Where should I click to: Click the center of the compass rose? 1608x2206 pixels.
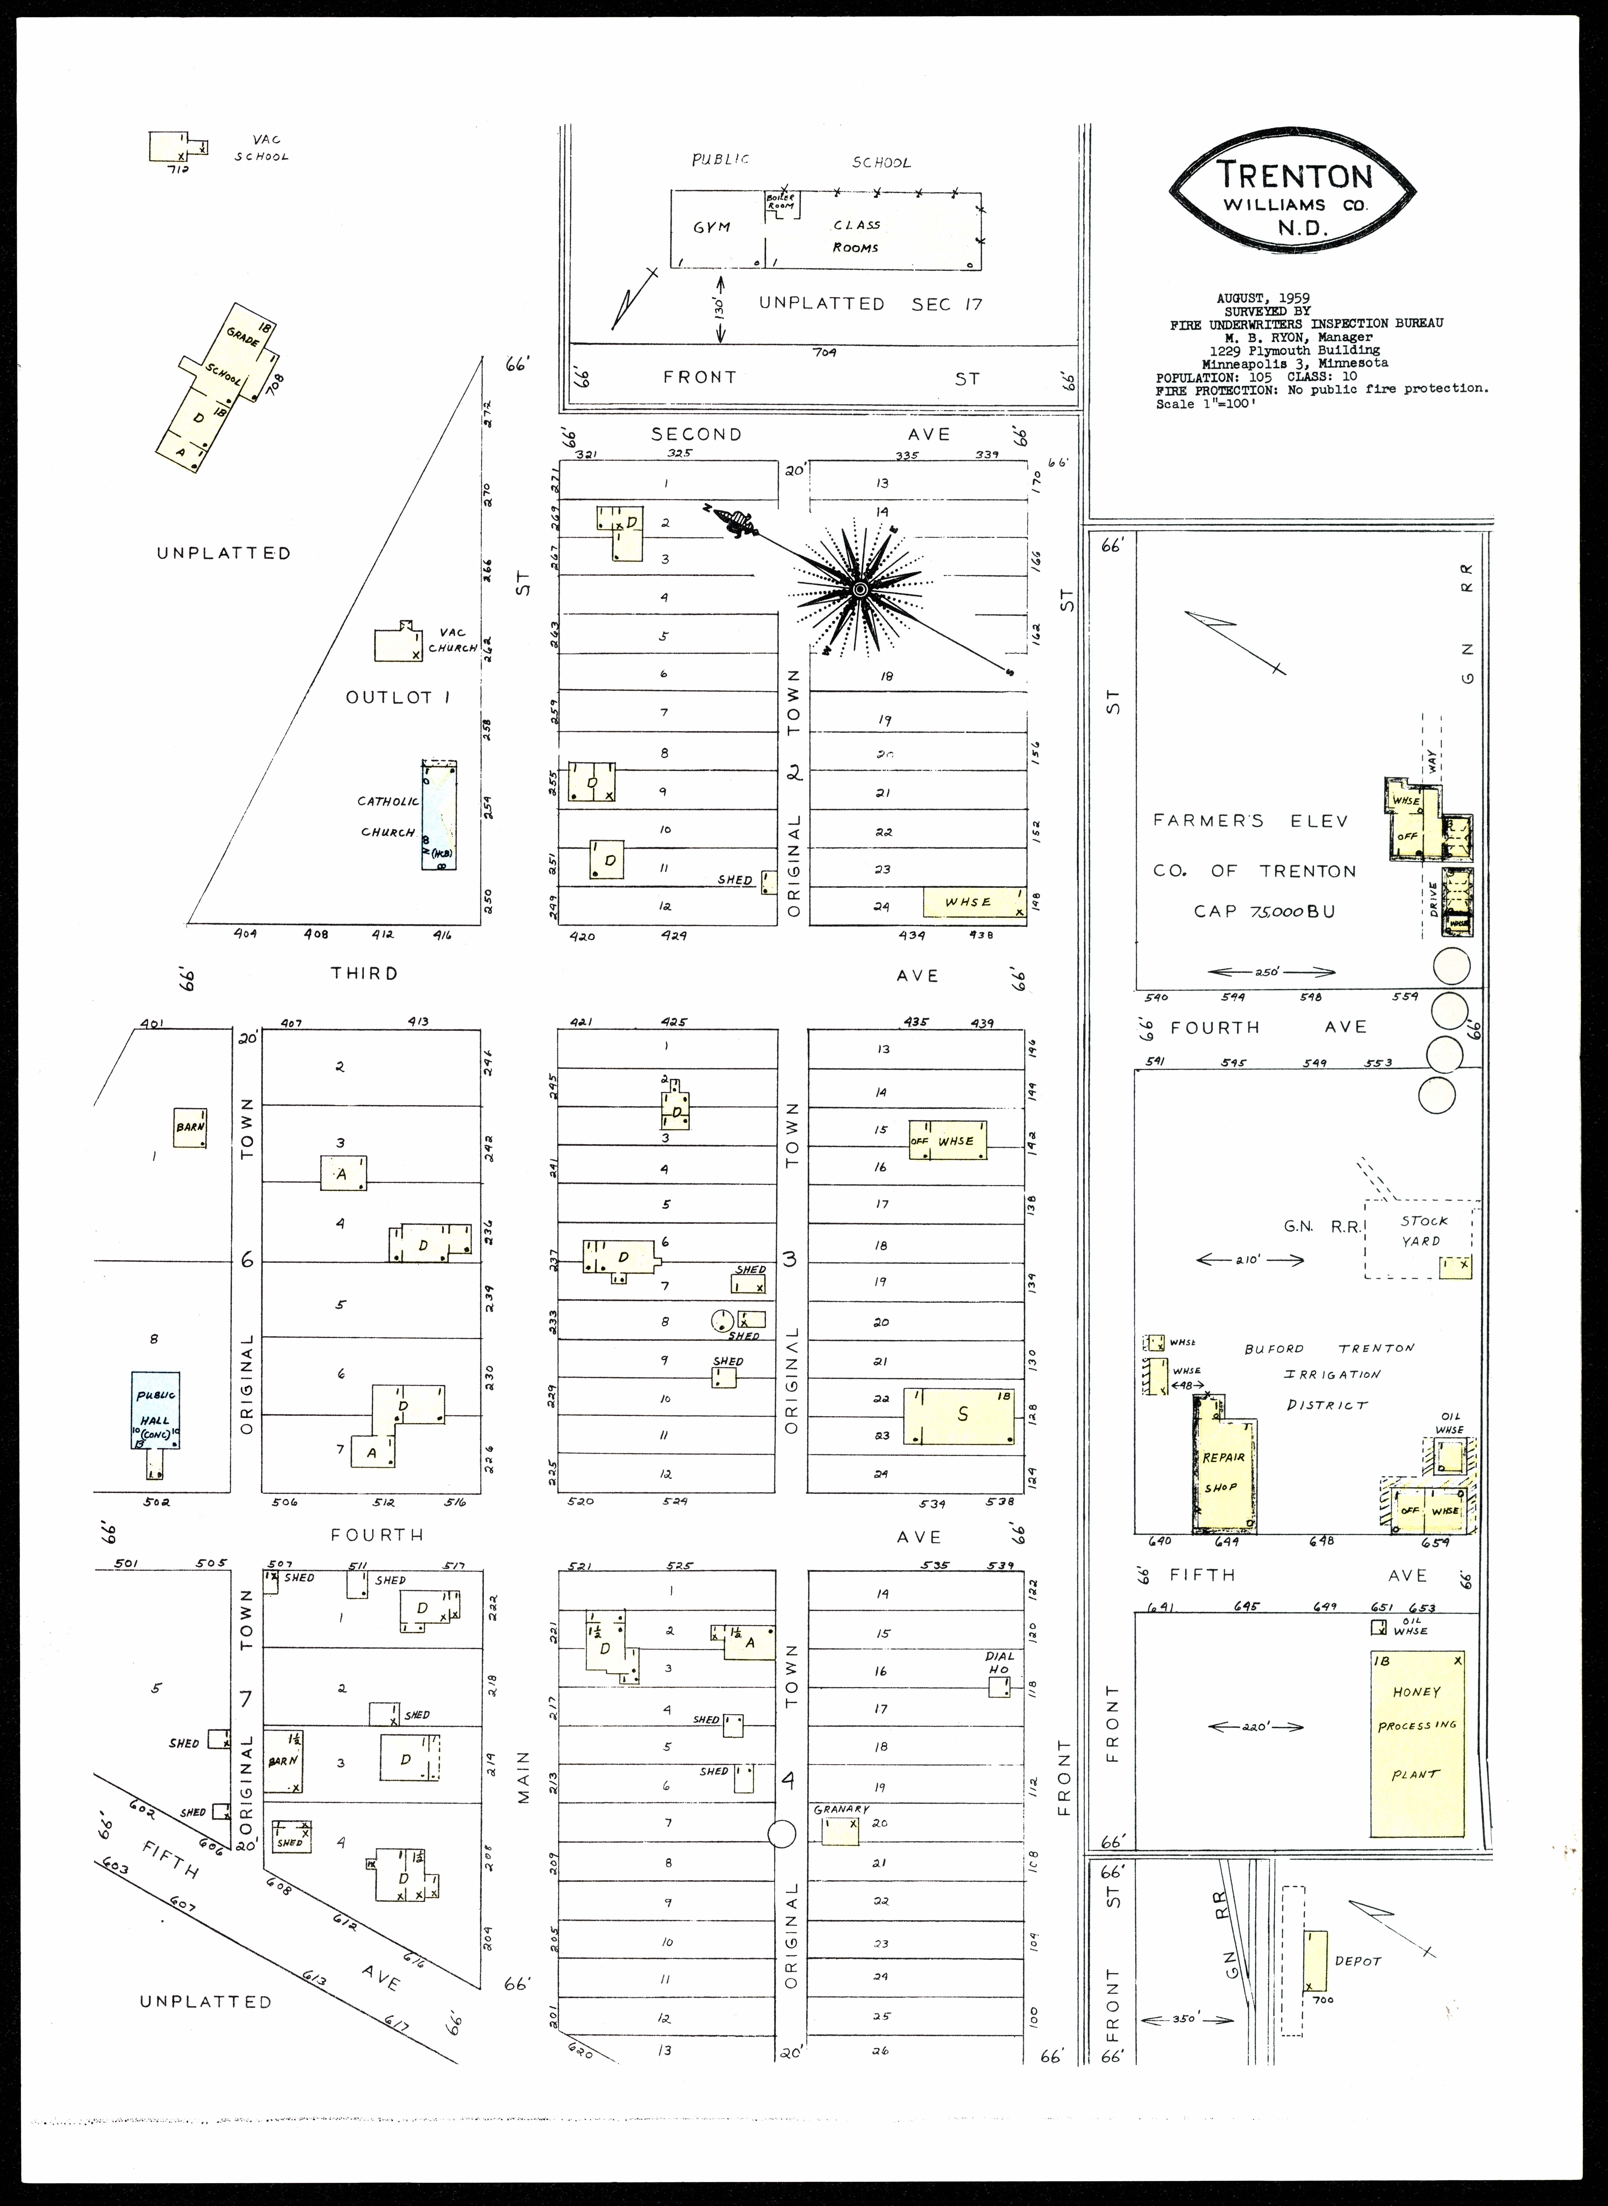pos(859,590)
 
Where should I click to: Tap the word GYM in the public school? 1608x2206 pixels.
pos(712,227)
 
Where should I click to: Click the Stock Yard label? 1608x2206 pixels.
pos(1423,1230)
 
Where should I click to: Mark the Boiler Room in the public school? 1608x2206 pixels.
pos(780,203)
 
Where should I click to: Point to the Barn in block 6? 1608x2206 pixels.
pos(190,1127)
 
